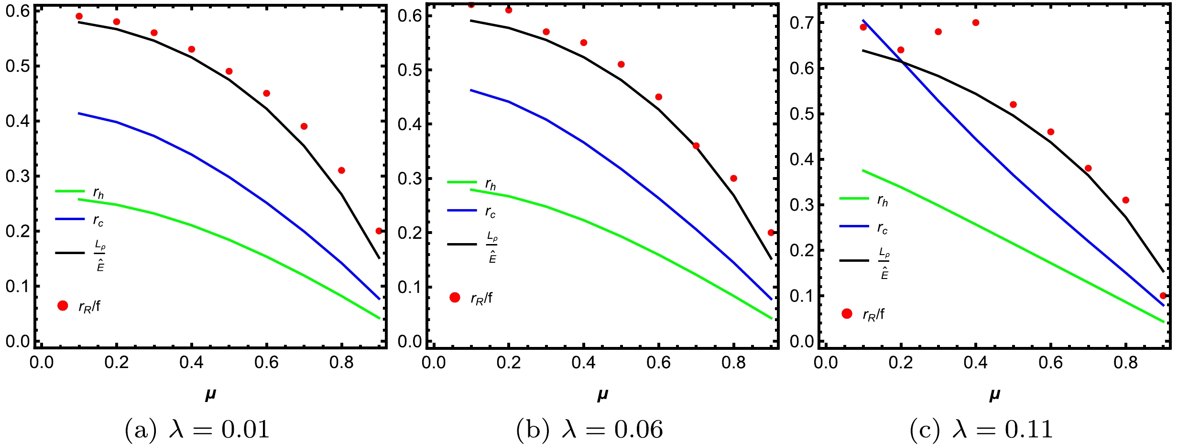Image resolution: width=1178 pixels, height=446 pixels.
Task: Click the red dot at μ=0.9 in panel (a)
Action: click(379, 231)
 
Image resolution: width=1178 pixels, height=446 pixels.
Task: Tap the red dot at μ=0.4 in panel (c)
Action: click(976, 22)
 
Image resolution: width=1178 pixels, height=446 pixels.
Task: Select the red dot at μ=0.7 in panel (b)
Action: click(696, 146)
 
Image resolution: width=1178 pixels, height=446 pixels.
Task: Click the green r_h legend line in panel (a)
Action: click(70, 191)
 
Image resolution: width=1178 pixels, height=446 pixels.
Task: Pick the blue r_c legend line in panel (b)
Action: click(462, 210)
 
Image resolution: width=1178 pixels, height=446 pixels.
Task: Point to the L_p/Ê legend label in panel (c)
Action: click(884, 263)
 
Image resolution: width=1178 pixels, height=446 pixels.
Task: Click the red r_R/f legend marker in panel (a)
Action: click(63, 306)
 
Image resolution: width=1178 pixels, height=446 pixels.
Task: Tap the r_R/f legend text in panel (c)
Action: click(873, 314)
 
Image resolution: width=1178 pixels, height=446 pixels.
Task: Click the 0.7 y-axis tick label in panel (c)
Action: click(802, 22)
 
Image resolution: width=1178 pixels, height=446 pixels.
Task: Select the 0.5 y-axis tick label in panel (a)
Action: click(18, 66)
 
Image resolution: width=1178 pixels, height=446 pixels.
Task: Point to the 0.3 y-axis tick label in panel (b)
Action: click(410, 178)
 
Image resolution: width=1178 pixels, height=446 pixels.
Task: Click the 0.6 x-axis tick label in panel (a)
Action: click(266, 363)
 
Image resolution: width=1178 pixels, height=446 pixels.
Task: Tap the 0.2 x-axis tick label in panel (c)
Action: click(901, 363)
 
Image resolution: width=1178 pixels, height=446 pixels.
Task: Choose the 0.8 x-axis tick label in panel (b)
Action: click(733, 363)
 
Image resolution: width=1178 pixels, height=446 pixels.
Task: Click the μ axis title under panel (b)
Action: click(602, 395)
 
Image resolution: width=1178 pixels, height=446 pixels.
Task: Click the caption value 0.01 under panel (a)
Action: click(245, 429)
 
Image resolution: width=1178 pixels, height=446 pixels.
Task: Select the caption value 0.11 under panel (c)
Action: click(1029, 429)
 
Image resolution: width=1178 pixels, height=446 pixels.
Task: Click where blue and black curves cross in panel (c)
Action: click(903, 62)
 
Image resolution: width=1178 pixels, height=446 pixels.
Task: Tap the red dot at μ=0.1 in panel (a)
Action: click(79, 16)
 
